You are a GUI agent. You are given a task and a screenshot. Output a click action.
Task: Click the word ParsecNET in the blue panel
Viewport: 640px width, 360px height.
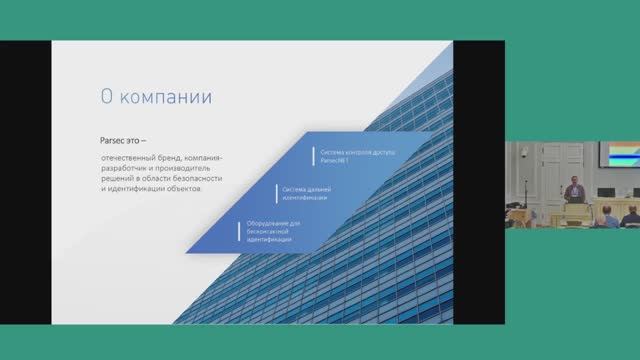pos(334,158)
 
